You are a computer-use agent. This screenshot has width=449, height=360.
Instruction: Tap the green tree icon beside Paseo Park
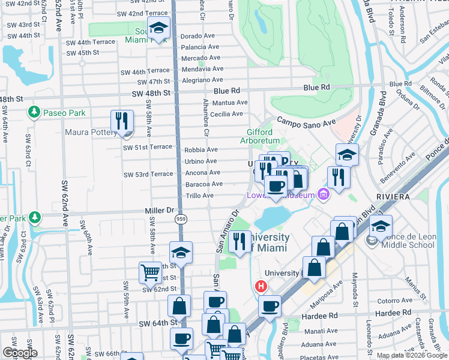[34, 112]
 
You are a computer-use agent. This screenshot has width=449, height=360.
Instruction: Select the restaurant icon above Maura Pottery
[121, 121]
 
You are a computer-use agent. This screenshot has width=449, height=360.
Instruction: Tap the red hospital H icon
[261, 286]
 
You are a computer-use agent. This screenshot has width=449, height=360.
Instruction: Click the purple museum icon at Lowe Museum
[324, 194]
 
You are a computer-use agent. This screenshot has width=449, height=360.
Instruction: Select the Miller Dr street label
[158, 211]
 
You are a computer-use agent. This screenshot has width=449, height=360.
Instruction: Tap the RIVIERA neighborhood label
[395, 196]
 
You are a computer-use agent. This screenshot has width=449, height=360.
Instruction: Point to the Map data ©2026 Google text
[411, 355]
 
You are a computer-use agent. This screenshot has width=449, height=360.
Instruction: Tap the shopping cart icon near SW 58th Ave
[150, 272]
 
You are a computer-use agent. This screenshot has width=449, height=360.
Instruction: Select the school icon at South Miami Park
[158, 28]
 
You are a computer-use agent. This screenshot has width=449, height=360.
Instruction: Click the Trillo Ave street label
[199, 196]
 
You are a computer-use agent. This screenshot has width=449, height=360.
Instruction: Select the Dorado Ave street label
[197, 36]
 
